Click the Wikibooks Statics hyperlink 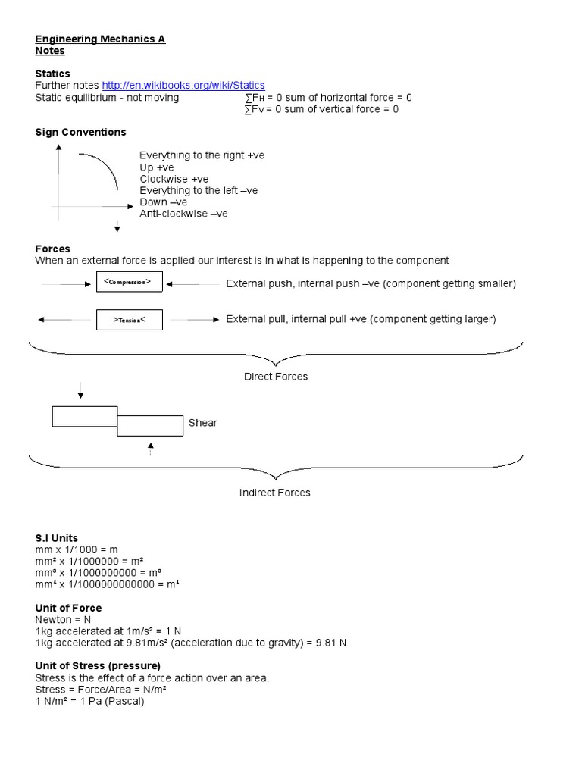[x=183, y=86]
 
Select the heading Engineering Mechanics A [x=100, y=39]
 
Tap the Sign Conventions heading [x=80, y=132]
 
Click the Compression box [x=128, y=283]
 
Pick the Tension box [x=128, y=320]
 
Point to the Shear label [x=202, y=423]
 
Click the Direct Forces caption [x=276, y=377]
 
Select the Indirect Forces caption [x=275, y=493]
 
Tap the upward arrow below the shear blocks [x=151, y=448]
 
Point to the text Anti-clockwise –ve [x=183, y=214]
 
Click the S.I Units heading [x=57, y=538]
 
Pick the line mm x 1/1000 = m [x=77, y=549]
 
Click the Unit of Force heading [x=68, y=608]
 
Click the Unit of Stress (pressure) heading [x=98, y=665]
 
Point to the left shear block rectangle [x=84, y=416]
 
